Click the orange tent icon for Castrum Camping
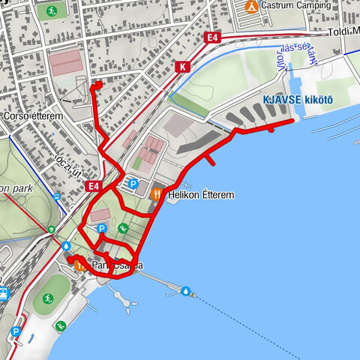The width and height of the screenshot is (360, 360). [252, 7]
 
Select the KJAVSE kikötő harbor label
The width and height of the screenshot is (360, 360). [296, 100]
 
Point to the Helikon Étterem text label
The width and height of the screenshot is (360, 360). [201, 195]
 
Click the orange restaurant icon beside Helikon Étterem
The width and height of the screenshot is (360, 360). [156, 194]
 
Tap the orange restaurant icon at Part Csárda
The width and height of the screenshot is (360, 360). [81, 266]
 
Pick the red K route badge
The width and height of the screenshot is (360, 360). [182, 67]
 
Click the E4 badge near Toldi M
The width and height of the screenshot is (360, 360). [212, 37]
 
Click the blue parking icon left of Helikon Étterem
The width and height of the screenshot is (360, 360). [133, 184]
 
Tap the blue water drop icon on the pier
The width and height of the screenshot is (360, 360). [185, 290]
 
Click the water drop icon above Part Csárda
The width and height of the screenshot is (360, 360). [67, 246]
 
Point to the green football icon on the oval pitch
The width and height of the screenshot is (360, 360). [48, 298]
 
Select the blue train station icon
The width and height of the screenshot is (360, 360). [2, 293]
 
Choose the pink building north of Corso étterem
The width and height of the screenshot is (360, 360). [65, 63]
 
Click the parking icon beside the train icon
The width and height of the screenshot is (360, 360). [16, 331]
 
